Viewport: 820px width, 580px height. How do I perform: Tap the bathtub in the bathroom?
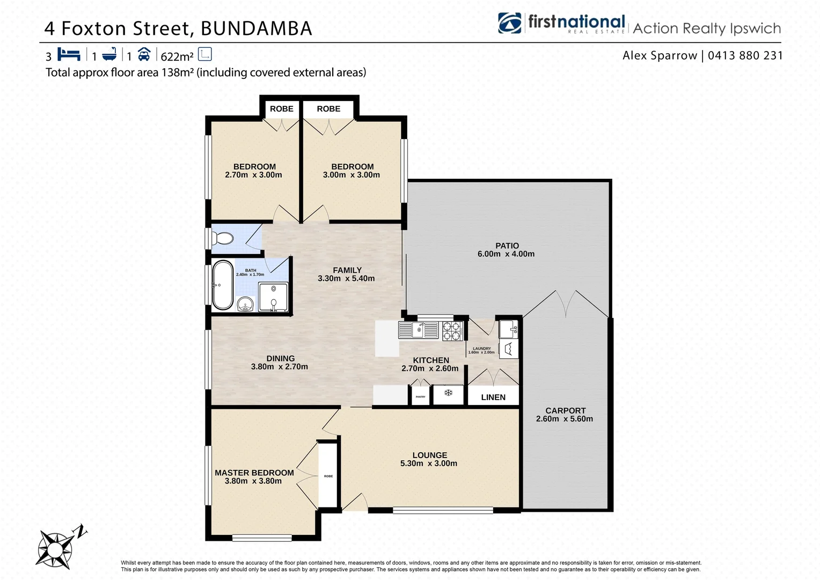pyautogui.click(x=223, y=285)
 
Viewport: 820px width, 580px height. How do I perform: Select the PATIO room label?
pyautogui.click(x=507, y=246)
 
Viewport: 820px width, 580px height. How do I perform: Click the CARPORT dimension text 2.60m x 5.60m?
pyautogui.click(x=565, y=419)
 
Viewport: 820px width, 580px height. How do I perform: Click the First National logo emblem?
pyautogui.click(x=510, y=23)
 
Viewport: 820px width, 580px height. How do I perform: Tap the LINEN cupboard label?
pyautogui.click(x=493, y=397)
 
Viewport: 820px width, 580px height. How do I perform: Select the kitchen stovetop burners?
pyautogui.click(x=452, y=331)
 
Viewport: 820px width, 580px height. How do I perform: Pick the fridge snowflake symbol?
pyautogui.click(x=448, y=394)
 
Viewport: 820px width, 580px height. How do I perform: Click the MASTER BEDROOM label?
pyautogui.click(x=254, y=473)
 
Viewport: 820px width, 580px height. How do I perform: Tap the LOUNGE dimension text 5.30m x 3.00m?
pyautogui.click(x=429, y=463)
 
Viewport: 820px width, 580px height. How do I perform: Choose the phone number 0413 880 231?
pyautogui.click(x=745, y=55)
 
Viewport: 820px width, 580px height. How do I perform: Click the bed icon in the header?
pyautogui.click(x=69, y=54)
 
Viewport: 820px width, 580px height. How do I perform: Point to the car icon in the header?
pyautogui.click(x=144, y=54)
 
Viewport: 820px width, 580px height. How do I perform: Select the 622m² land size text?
pyautogui.click(x=177, y=56)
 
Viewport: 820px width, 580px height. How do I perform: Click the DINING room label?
pyautogui.click(x=281, y=359)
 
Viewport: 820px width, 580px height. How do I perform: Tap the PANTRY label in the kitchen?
pyautogui.click(x=420, y=397)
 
